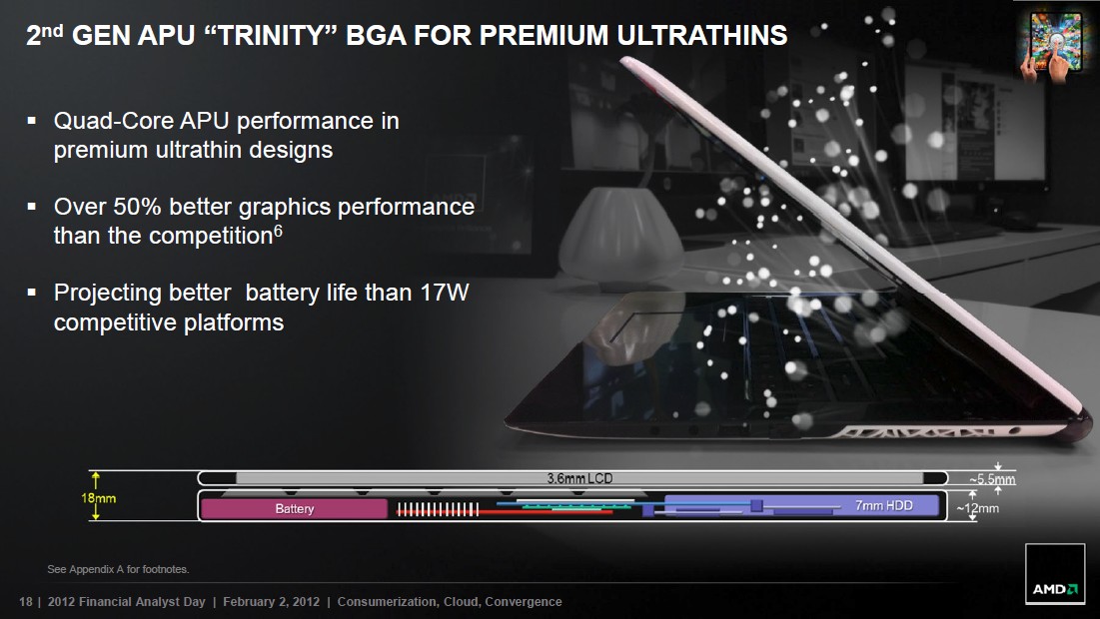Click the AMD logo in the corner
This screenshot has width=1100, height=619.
pos(1054,573)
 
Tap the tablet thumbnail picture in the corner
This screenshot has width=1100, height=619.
pos(1054,46)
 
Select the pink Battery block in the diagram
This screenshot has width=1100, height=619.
pos(295,509)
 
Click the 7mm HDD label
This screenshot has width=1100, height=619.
pos(884,505)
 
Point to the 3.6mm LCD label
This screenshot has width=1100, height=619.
pos(579,478)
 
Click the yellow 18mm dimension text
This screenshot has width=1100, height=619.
pos(98,498)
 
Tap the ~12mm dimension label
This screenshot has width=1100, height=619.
pos(978,508)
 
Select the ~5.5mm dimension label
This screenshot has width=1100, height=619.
pos(992,479)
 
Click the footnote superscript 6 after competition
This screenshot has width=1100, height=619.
pos(278,230)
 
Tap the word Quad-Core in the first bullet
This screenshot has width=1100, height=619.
pos(114,121)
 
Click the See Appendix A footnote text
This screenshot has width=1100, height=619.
pos(118,569)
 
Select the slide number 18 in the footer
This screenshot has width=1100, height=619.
pos(26,601)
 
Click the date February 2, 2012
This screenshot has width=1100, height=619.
pos(271,601)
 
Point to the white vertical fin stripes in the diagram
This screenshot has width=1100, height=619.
pos(438,509)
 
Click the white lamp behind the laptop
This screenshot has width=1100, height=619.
pos(620,235)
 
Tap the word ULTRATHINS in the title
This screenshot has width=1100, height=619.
pos(702,35)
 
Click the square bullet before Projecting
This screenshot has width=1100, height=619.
pos(32,291)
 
